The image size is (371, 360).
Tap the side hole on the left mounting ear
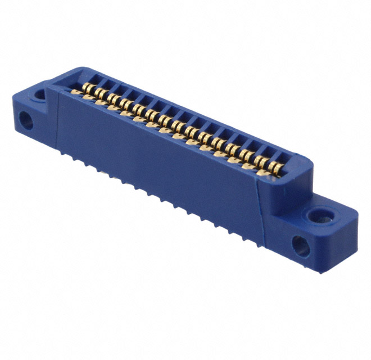point(25,119)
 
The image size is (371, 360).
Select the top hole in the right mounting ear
point(320,215)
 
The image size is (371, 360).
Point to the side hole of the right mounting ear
point(300,245)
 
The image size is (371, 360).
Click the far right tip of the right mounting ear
point(357,216)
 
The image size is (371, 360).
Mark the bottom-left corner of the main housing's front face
point(58,147)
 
